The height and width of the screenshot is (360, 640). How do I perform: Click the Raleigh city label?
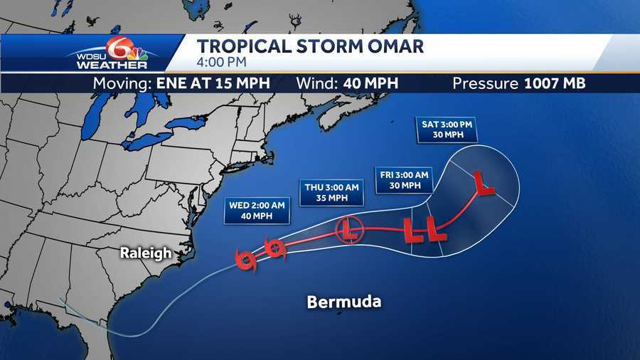pyautogui.click(x=145, y=253)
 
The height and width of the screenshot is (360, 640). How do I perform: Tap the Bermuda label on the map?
pyautogui.click(x=344, y=302)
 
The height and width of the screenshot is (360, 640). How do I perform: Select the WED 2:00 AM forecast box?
pyautogui.click(x=257, y=210)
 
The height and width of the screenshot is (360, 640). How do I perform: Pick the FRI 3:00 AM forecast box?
pyautogui.click(x=402, y=179)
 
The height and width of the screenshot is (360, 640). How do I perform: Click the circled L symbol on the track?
pyautogui.click(x=348, y=230)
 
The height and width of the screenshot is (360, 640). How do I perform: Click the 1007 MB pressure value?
pyautogui.click(x=554, y=83)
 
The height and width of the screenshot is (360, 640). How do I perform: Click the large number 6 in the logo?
pyautogui.click(x=117, y=48)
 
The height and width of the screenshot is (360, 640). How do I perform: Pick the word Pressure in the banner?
pyautogui.click(x=486, y=83)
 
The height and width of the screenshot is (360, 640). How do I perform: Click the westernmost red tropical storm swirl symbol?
pyautogui.click(x=246, y=261)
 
